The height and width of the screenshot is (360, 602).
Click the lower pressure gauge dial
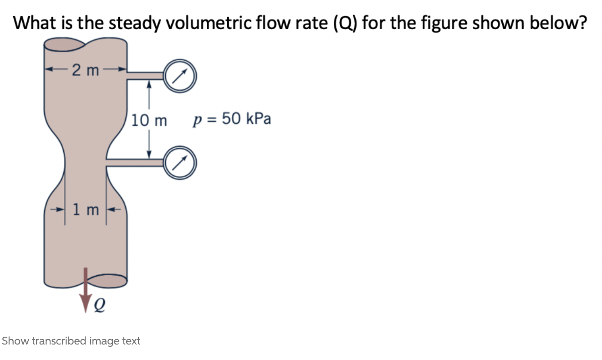click(x=180, y=163)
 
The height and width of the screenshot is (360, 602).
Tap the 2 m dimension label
click(x=86, y=70)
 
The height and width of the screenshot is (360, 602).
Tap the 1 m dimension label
click(x=86, y=210)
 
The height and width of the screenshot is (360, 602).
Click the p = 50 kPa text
click(x=232, y=119)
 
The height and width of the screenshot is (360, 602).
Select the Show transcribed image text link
click(x=71, y=341)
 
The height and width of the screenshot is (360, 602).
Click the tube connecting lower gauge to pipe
click(x=135, y=163)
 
